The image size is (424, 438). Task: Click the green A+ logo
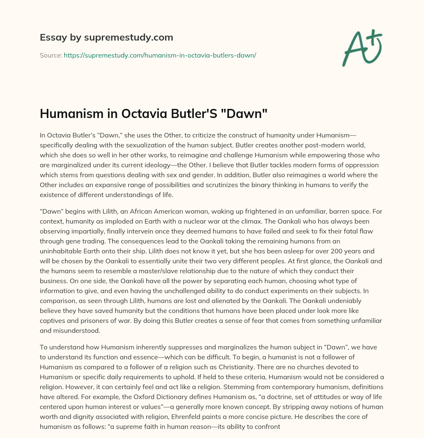click(x=361, y=48)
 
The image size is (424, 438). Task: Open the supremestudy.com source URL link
click(x=160, y=55)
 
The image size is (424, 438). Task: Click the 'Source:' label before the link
click(x=51, y=55)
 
